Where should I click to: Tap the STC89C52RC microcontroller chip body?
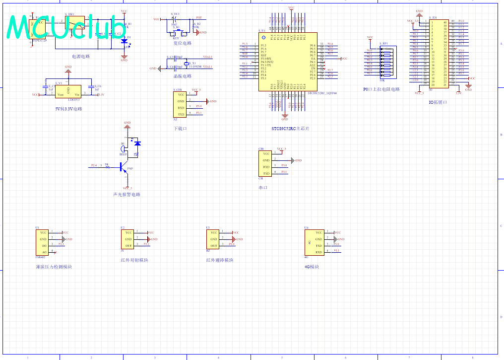click(x=287, y=62)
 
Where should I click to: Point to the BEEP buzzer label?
click(x=123, y=154)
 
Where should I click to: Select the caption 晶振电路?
click(x=182, y=76)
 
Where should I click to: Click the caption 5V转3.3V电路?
click(x=69, y=108)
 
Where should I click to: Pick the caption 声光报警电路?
click(x=126, y=195)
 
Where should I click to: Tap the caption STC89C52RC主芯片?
click(x=290, y=128)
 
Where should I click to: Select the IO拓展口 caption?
click(x=438, y=102)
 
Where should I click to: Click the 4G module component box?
click(x=314, y=242)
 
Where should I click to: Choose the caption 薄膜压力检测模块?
click(x=54, y=267)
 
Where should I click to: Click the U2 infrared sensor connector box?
click(x=128, y=239)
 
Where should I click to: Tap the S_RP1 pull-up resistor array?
click(x=382, y=62)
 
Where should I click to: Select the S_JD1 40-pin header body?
click(x=439, y=54)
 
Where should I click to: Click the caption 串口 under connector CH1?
click(x=263, y=188)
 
